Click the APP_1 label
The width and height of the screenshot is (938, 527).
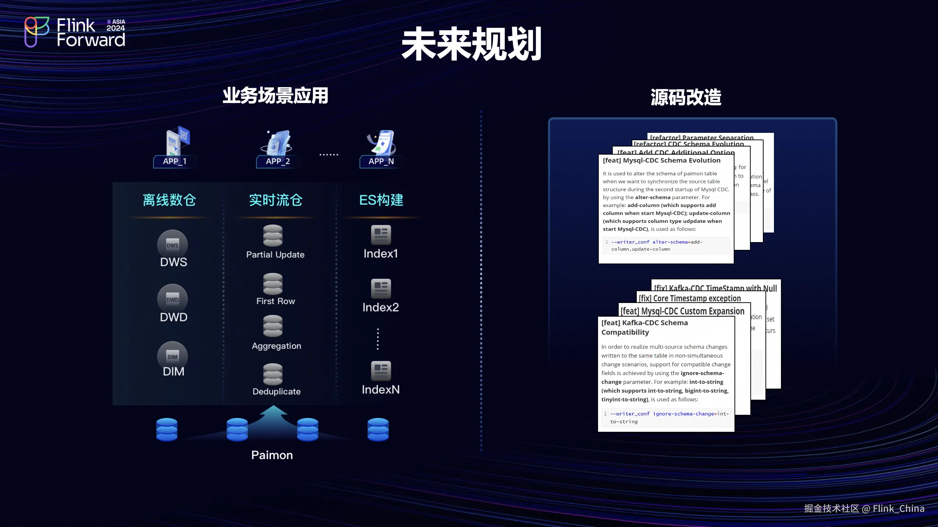pos(175,161)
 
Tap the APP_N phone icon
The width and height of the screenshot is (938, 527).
pos(382,142)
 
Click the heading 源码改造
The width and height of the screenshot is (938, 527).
pos(686,97)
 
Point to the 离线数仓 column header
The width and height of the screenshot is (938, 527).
pos(169,200)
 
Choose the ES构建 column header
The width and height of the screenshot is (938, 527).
pos(381,200)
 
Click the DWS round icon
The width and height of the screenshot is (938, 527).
pos(173,244)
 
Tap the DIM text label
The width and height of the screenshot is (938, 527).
pos(173,371)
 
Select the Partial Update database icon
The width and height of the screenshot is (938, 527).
pos(273,235)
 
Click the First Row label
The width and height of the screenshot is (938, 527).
pos(275,301)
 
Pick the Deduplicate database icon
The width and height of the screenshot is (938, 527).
pos(273,374)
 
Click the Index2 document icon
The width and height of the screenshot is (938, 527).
pos(381,288)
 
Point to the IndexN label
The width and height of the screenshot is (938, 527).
pos(381,389)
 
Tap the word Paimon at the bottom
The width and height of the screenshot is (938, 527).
pos(272,455)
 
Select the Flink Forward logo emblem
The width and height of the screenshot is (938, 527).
pos(37,32)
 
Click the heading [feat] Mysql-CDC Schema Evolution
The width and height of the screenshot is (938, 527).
pos(661,161)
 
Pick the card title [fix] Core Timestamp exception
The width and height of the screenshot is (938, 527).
pos(689,298)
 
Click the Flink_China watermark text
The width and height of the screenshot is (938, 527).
pos(898,509)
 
